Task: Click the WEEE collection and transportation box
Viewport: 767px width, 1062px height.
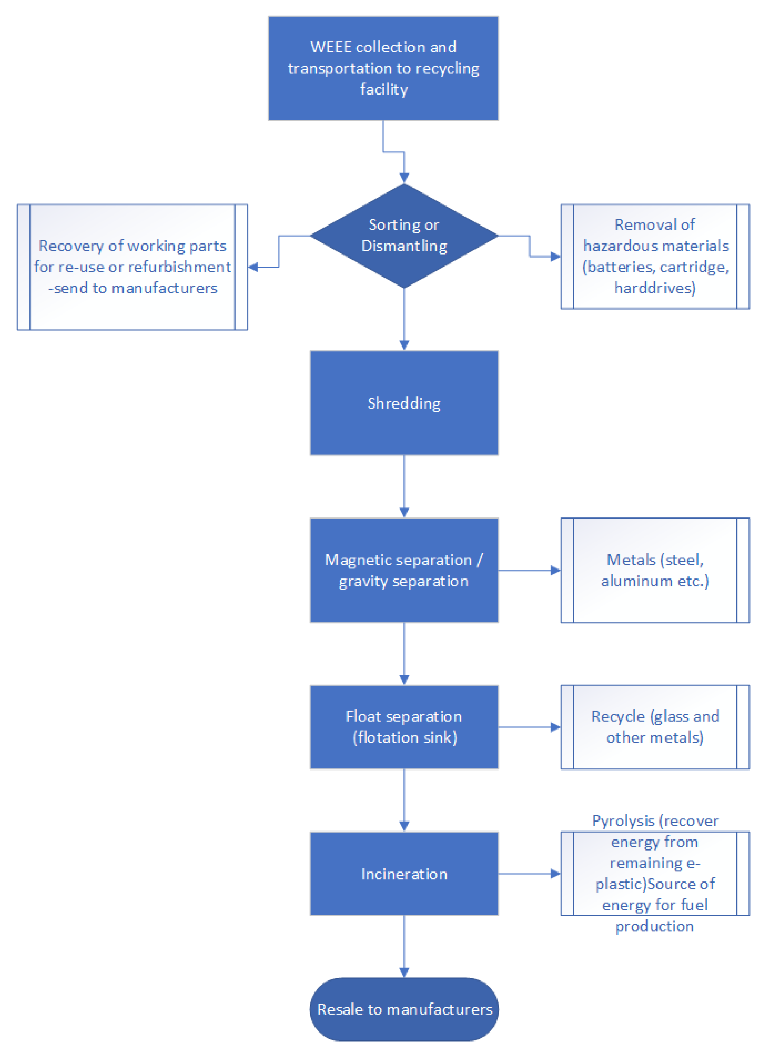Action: coord(383,68)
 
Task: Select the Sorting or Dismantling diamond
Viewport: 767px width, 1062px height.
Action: coord(404,236)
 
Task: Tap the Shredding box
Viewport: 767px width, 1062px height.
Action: coord(404,403)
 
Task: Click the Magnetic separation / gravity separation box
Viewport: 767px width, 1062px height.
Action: coord(404,570)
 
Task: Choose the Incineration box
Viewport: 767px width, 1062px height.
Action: coord(404,873)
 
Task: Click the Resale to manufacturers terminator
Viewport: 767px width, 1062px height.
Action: coord(404,1009)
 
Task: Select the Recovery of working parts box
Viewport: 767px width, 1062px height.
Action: coord(132,267)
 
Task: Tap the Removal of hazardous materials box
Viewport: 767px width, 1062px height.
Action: coord(655,256)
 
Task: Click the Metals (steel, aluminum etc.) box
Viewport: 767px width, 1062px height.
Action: coord(655,570)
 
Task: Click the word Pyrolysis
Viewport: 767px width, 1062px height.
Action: coord(623,821)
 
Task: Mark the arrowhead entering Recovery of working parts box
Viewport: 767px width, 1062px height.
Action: coord(253,267)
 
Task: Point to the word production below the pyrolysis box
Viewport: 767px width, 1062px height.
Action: coord(654,926)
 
